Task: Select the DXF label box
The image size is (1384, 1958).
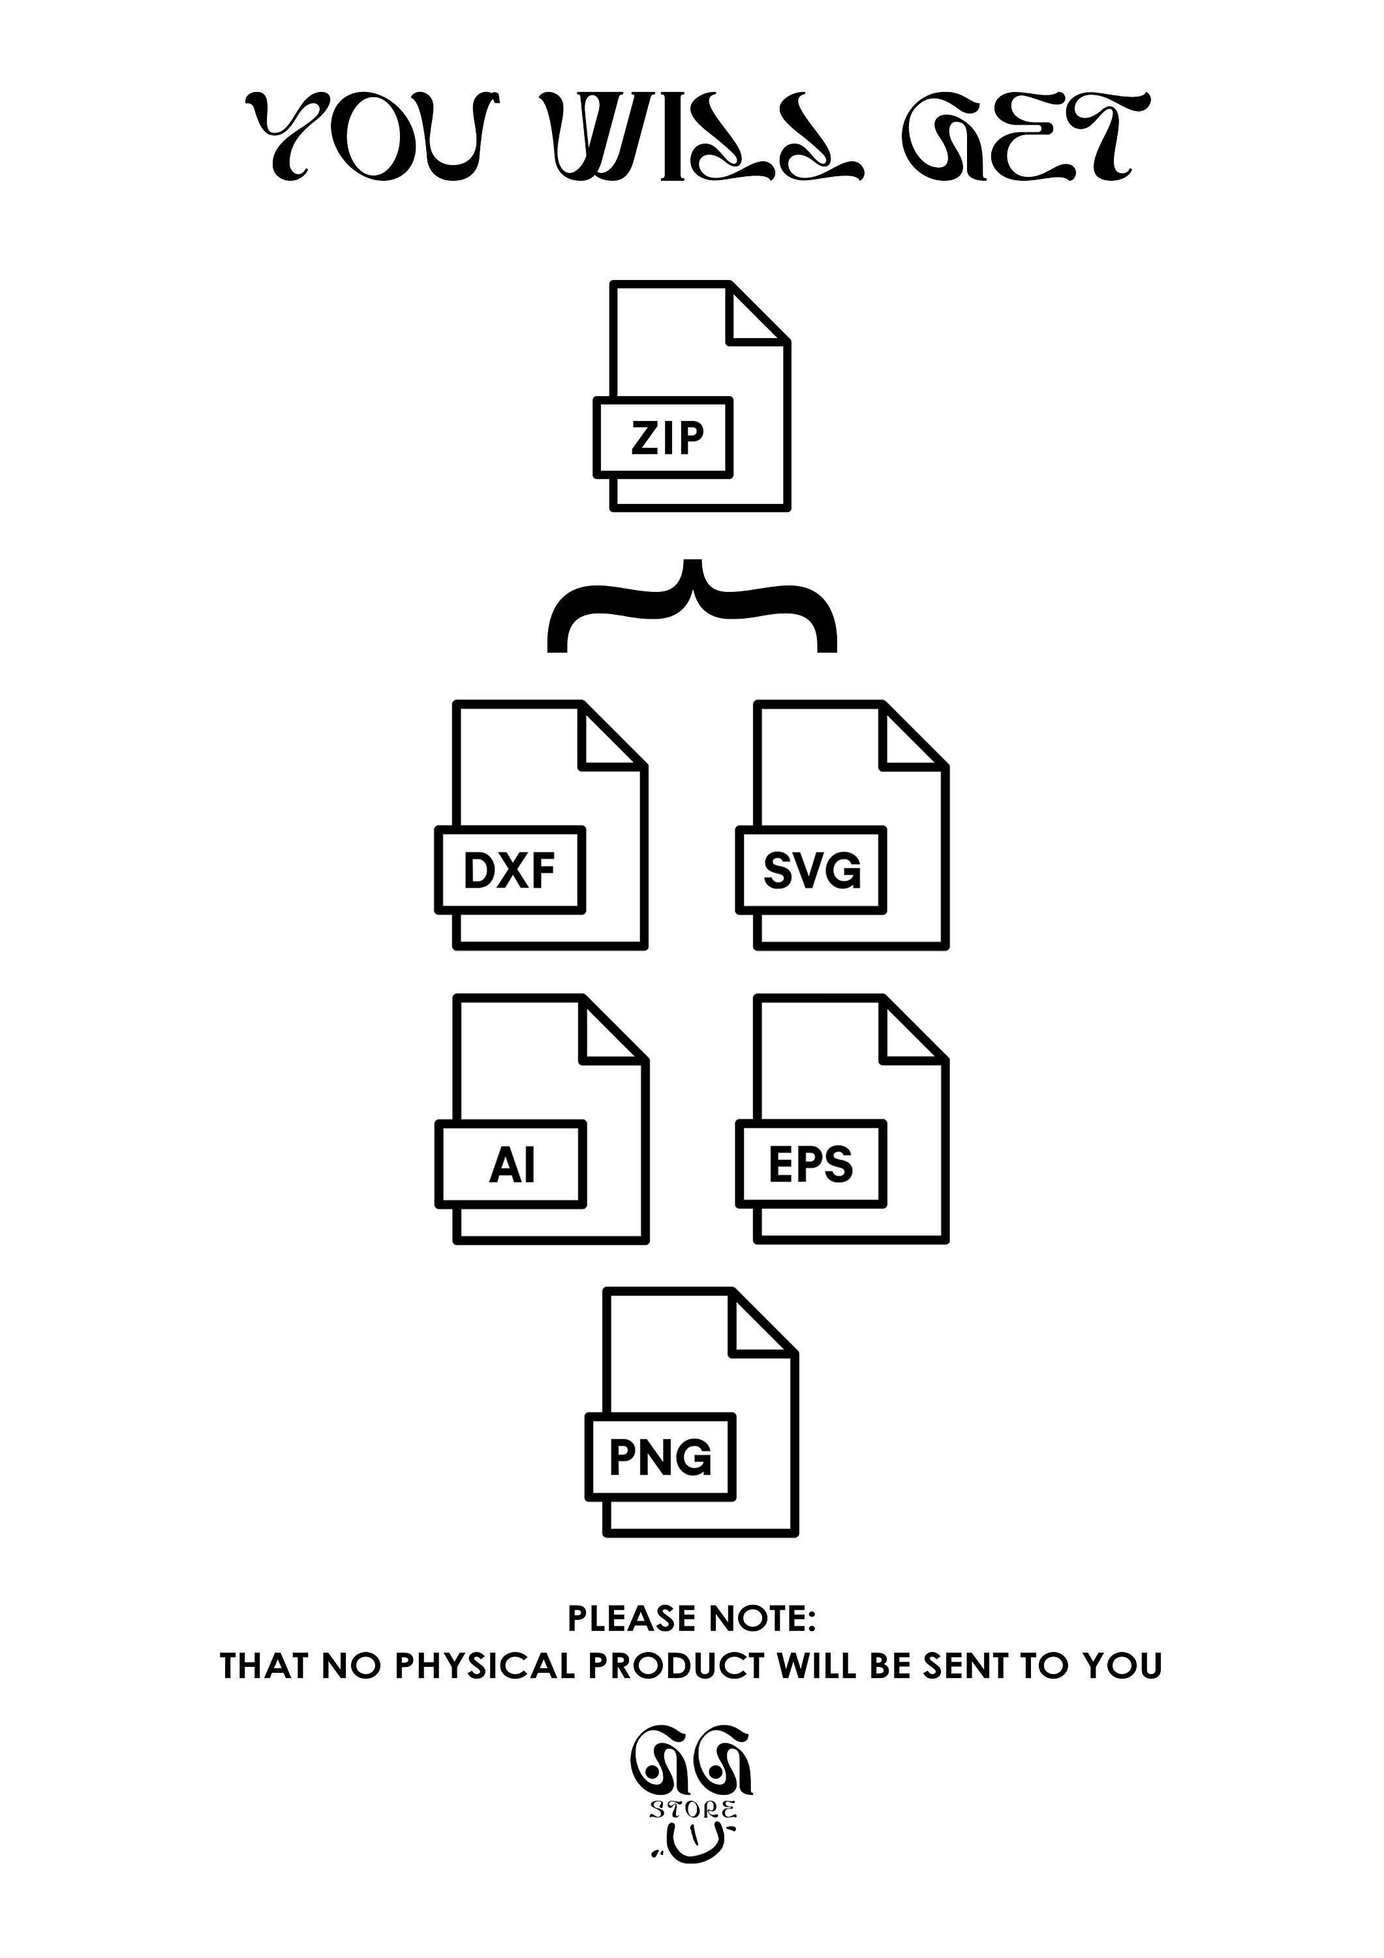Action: (510, 870)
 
